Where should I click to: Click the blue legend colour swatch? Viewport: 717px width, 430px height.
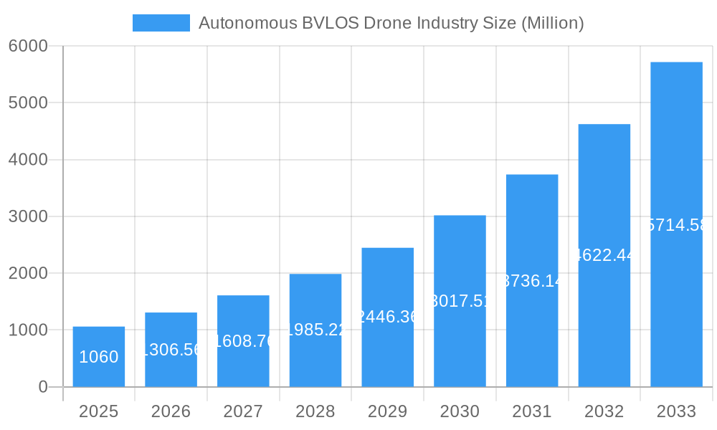click(x=161, y=23)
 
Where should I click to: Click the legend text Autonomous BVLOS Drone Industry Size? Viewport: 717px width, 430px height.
click(x=391, y=23)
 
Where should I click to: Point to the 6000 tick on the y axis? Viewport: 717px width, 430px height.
click(x=28, y=46)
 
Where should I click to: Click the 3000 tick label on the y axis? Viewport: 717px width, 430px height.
click(x=28, y=216)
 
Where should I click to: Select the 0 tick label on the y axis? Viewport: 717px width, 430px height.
click(x=42, y=387)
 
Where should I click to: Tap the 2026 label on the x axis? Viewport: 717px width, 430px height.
click(x=171, y=411)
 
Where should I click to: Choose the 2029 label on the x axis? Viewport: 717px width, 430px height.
click(x=387, y=411)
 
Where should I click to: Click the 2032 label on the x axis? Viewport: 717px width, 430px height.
click(x=604, y=411)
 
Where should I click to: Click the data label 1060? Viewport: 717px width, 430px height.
click(x=99, y=357)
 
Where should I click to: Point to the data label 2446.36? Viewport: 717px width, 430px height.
click(x=387, y=317)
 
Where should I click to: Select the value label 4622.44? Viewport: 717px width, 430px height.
click(x=604, y=255)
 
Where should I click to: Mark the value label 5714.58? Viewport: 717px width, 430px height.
click(x=676, y=225)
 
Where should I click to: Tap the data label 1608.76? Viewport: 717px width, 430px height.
click(x=243, y=341)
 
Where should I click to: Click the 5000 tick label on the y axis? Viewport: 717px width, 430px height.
click(x=28, y=102)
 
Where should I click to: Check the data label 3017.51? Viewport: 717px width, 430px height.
click(x=460, y=301)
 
